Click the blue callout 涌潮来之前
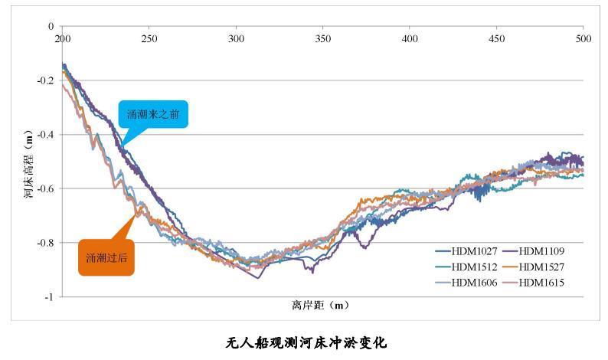pyautogui.click(x=152, y=115)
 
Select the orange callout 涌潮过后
pyautogui.click(x=106, y=257)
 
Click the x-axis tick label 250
pyautogui.click(x=149, y=38)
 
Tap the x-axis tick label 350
pyautogui.click(x=323, y=38)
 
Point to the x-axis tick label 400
pyautogui.click(x=410, y=38)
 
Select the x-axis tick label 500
pyautogui.click(x=583, y=38)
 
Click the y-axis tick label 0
pyautogui.click(x=51, y=27)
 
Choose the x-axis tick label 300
pyautogui.click(x=237, y=38)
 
